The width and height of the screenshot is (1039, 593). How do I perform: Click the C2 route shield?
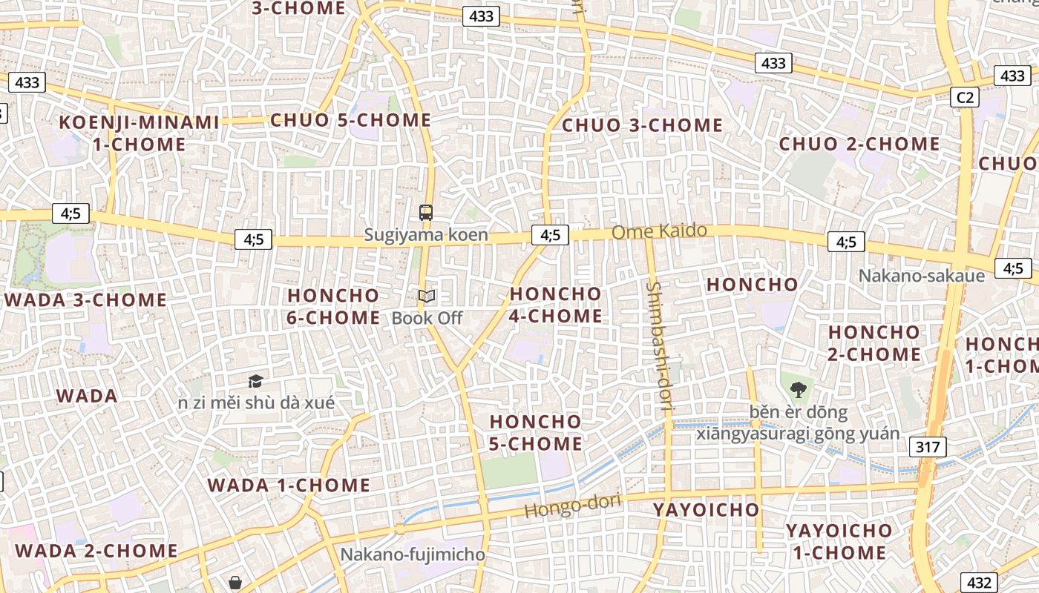pos(965,97)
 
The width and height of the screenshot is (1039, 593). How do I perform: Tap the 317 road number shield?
pos(927,447)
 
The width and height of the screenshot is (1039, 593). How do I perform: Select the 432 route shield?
pos(979,583)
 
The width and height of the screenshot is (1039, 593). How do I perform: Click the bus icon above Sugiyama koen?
pos(425,213)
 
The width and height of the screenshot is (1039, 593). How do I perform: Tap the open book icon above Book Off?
pos(427,296)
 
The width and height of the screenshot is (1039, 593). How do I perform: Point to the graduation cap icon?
pos(255,382)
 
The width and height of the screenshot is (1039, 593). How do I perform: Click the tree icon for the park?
pos(798,389)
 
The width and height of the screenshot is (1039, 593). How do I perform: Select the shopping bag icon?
pos(235,583)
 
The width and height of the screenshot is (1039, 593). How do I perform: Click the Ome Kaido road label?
pos(659,231)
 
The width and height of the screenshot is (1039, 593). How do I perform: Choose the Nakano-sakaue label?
pos(921,276)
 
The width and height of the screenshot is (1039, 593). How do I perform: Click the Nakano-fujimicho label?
pos(413,554)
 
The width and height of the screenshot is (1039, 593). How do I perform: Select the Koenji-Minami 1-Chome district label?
pos(140,133)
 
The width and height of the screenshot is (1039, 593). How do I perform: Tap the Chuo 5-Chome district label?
pos(350,120)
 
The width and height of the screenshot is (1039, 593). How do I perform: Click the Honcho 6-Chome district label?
pos(333,306)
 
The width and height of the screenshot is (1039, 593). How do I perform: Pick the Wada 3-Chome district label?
pos(86,300)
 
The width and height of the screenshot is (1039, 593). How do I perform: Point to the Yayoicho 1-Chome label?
pos(839,542)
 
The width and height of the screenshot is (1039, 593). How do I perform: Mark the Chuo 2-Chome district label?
pos(859,144)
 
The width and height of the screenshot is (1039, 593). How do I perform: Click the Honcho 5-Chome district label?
pos(536,433)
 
